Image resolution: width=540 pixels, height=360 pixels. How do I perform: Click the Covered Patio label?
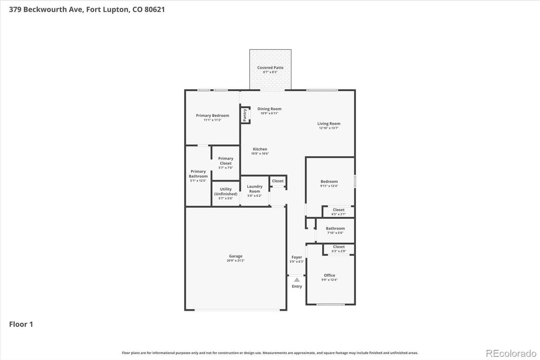pos(270,68)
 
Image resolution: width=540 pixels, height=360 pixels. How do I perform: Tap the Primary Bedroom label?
pos(212,116)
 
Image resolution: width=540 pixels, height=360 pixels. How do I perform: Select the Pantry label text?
pos(245,115)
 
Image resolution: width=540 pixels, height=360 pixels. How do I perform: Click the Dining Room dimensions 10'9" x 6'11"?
pos(269,113)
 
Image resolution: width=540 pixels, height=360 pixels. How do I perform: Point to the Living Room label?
pos(328,124)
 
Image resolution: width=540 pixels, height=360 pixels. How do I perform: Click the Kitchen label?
pos(260,149)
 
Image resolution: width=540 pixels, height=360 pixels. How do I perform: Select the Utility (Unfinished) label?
pos(225,191)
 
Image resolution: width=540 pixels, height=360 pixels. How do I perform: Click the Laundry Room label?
pos(255,189)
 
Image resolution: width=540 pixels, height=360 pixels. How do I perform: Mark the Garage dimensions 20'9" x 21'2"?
pos(236,261)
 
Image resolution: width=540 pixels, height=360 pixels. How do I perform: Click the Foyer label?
pos(297,257)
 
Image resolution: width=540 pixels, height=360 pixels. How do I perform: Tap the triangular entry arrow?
pos(297,279)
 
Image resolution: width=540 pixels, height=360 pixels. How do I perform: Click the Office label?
pos(329,275)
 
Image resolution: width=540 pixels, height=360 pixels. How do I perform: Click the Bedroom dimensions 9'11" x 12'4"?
pos(329,186)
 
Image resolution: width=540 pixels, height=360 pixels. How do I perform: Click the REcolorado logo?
pos(511,352)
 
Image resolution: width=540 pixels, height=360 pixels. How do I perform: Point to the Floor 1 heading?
pos(21,324)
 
